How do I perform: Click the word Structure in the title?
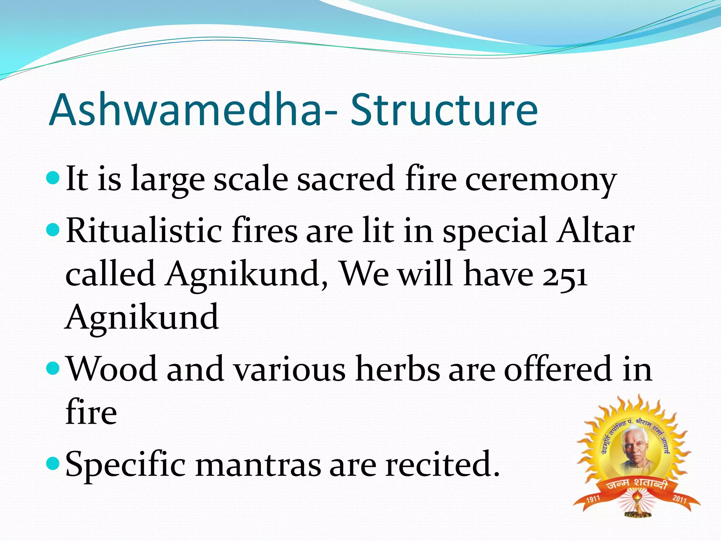pyautogui.click(x=444, y=110)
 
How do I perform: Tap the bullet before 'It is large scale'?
pyautogui.click(x=54, y=178)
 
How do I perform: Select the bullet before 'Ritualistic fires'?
pyautogui.click(x=54, y=231)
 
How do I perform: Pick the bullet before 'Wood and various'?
pyautogui.click(x=54, y=369)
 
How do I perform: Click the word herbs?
pyautogui.click(x=397, y=369)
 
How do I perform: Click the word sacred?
pyautogui.click(x=345, y=179)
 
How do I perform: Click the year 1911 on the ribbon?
pyautogui.click(x=593, y=499)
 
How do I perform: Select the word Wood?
pyautogui.click(x=112, y=369)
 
